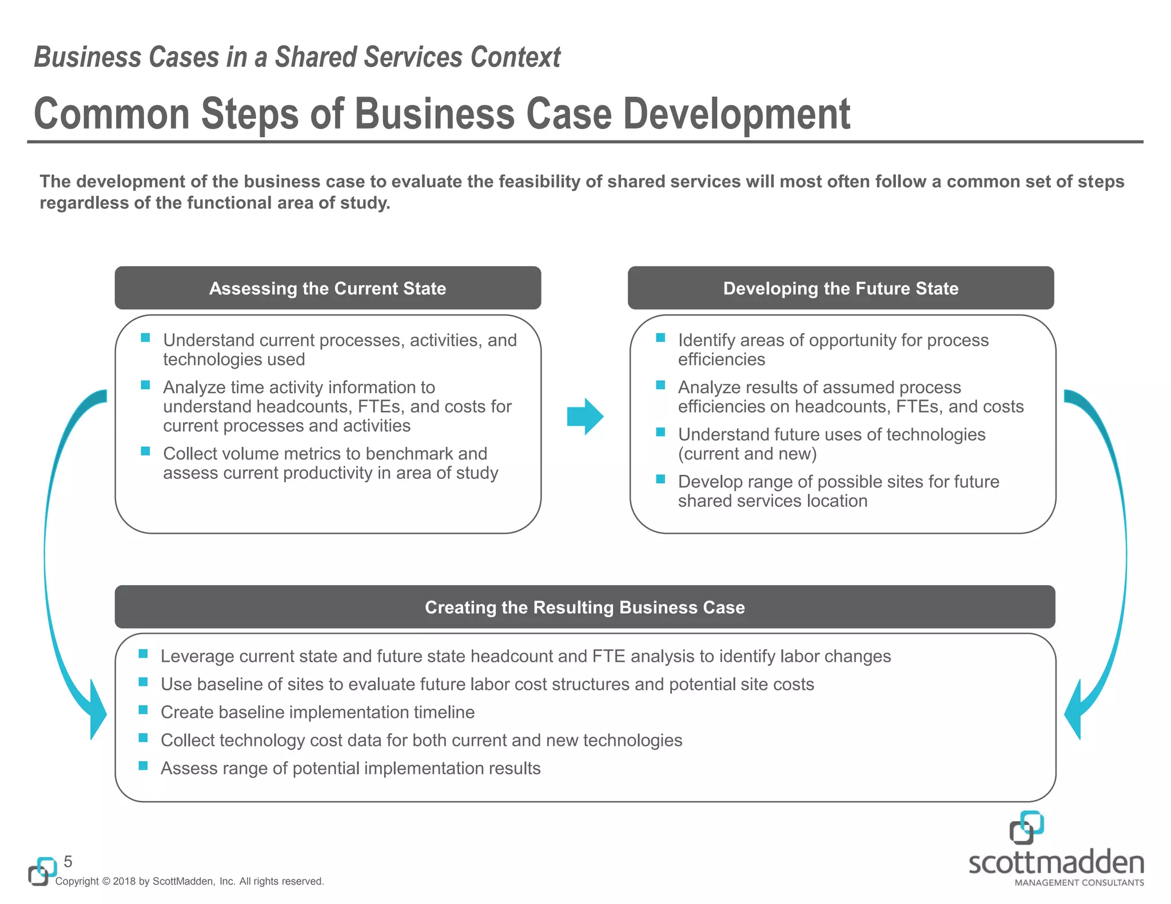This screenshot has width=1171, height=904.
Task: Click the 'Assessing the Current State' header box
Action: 328,288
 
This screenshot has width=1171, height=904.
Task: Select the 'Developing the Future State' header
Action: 841,288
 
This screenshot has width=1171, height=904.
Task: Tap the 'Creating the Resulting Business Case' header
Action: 584,607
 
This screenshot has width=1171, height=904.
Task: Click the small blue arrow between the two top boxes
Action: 585,417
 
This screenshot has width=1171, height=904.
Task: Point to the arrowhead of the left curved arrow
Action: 97,711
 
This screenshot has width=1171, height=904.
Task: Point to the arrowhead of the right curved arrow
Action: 1073,711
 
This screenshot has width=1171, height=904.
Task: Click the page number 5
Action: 68,862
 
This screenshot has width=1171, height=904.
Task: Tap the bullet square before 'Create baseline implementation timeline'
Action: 144,710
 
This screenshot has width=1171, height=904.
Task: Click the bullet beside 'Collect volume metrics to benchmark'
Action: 145,451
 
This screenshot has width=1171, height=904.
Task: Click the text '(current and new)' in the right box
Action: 747,454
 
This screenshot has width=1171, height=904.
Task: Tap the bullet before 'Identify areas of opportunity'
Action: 660,338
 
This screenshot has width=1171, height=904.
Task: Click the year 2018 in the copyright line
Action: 124,881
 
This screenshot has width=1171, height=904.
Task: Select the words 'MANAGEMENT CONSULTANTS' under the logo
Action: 1079,882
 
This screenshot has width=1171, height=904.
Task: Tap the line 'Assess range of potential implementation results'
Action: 350,768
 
